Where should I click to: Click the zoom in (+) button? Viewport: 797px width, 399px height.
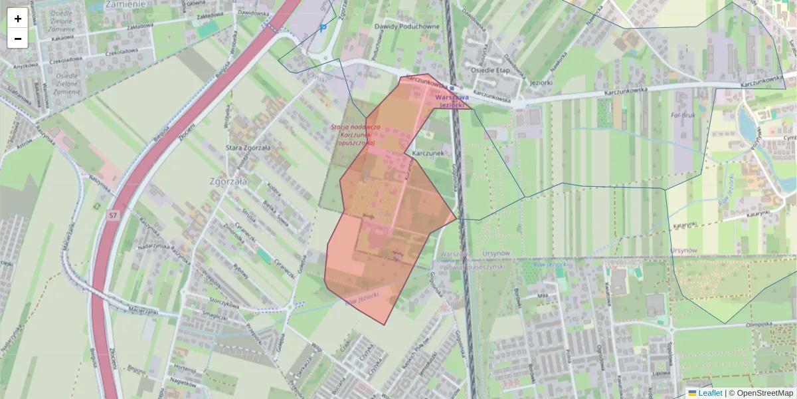coord(18,19)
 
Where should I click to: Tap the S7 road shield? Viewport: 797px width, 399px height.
coord(113,215)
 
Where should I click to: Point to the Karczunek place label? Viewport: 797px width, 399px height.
coord(428,152)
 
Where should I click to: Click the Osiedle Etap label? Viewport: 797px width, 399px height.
coord(489,69)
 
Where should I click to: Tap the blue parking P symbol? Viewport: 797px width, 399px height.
coord(323,28)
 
